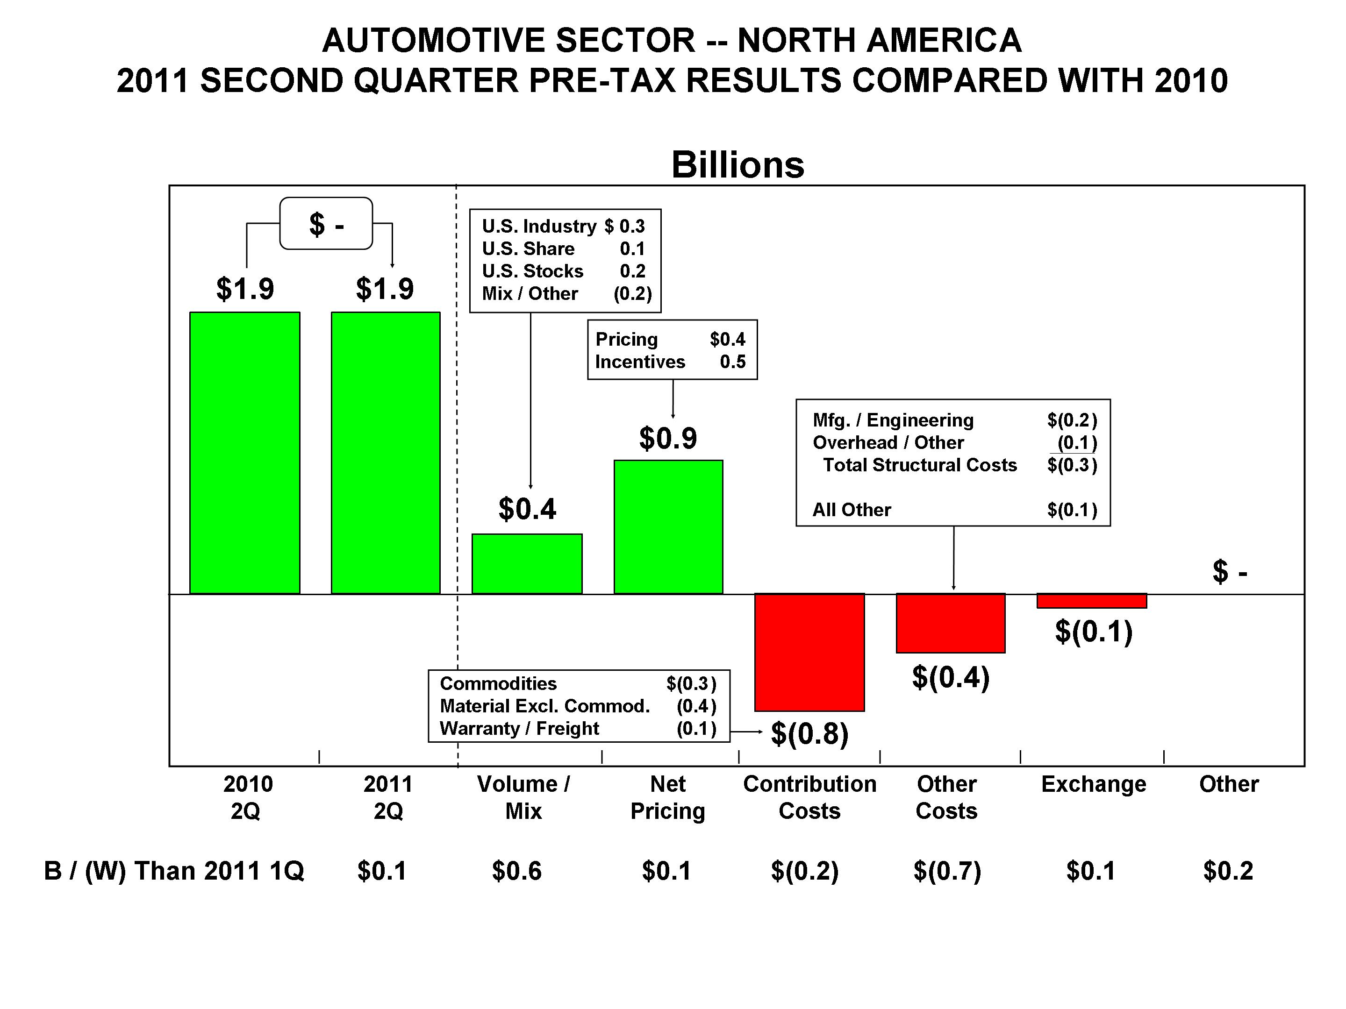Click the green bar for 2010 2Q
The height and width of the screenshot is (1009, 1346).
(244, 453)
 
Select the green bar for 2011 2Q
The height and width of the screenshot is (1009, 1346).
(385, 453)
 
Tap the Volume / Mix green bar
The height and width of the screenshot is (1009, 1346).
(527, 563)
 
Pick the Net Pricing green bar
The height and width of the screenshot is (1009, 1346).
(668, 527)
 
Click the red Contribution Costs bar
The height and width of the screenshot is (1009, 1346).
(809, 652)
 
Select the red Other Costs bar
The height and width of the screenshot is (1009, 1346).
(951, 623)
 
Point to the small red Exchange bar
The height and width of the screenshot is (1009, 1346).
(1092, 601)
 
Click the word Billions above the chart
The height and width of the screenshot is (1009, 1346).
(737, 164)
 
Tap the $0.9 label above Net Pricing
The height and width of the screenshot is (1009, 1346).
(667, 438)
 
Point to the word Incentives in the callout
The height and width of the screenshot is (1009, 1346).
(640, 362)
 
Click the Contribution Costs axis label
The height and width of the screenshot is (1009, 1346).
(809, 797)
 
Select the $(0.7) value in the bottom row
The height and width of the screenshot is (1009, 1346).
(947, 871)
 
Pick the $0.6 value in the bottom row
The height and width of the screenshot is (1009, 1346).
(516, 871)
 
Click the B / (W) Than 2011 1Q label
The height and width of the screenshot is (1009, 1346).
(174, 871)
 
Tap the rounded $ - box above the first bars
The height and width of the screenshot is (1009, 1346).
(326, 223)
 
